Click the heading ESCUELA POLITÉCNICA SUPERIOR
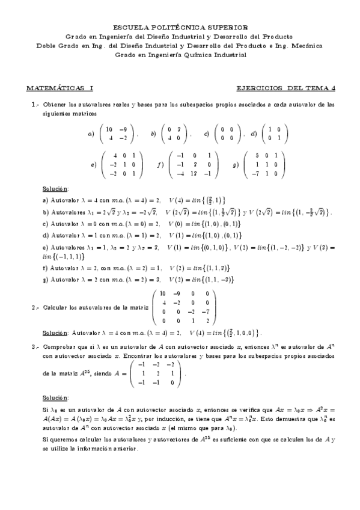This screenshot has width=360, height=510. click(180, 27)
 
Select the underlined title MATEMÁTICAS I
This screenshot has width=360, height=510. click(59, 88)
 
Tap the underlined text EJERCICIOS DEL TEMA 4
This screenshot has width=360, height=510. click(285, 88)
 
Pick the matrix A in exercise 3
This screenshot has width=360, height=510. click(156, 373)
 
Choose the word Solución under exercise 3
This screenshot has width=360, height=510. click(56, 398)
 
